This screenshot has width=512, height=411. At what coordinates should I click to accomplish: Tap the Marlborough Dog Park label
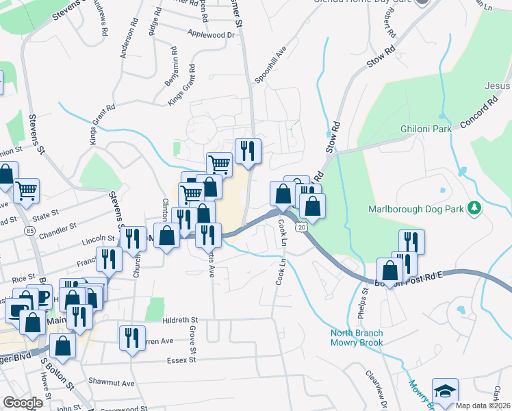(x=415, y=208)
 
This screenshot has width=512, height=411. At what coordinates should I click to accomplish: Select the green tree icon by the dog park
(x=472, y=208)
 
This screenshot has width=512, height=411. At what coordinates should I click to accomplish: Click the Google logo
(x=23, y=403)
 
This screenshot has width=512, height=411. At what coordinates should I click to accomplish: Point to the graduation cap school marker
(x=445, y=392)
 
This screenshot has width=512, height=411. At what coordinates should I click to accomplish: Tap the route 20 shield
(x=301, y=226)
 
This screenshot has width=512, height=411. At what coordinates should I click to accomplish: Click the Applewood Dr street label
(x=210, y=34)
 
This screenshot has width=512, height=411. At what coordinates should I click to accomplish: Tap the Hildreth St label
(x=180, y=320)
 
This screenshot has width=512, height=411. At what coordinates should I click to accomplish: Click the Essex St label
(x=183, y=358)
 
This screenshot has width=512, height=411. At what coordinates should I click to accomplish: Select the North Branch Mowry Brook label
(x=357, y=338)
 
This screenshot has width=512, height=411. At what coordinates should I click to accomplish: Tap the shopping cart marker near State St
(x=26, y=191)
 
